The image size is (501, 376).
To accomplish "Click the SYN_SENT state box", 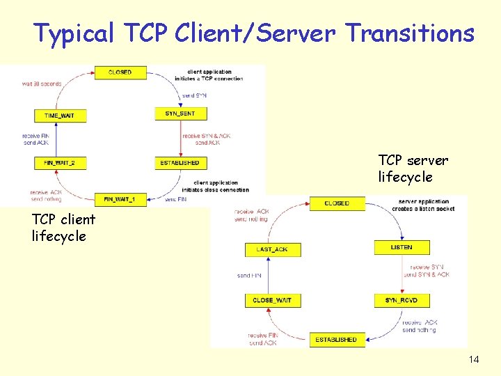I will (180, 113).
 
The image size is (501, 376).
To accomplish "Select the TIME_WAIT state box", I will (60, 115).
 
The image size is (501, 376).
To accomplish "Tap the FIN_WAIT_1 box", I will (120, 199).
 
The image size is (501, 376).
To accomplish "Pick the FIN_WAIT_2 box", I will (60, 163).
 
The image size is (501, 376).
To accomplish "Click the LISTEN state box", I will (401, 247).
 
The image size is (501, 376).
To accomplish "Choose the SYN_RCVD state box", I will (401, 300).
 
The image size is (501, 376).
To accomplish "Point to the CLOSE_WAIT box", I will (273, 300).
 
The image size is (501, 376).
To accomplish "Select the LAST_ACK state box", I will (273, 249).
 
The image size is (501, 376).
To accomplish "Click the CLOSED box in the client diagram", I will (120, 72).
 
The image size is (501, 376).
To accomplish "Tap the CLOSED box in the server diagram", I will (337, 203).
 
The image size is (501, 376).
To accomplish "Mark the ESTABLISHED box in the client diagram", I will (180, 163).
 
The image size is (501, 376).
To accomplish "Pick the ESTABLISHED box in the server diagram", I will (336, 340).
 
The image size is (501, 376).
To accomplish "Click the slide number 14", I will (475, 359).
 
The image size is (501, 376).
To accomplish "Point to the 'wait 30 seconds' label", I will (41, 84).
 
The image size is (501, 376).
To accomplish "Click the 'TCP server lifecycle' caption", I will (413, 169).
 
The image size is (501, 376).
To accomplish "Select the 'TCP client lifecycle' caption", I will (63, 228).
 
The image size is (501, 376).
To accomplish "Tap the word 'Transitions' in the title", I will (410, 33).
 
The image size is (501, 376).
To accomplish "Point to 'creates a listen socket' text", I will (418, 210).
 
